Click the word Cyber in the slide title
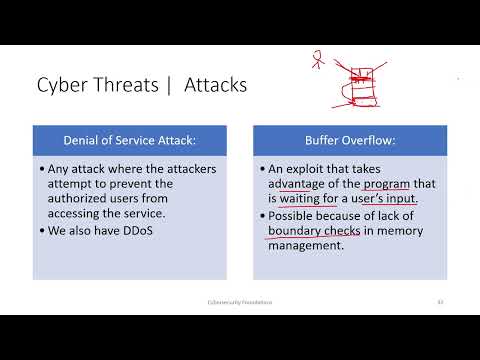coord(62,86)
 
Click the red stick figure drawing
coord(319,59)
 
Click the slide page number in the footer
coord(440,301)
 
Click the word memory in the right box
coord(403,232)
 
